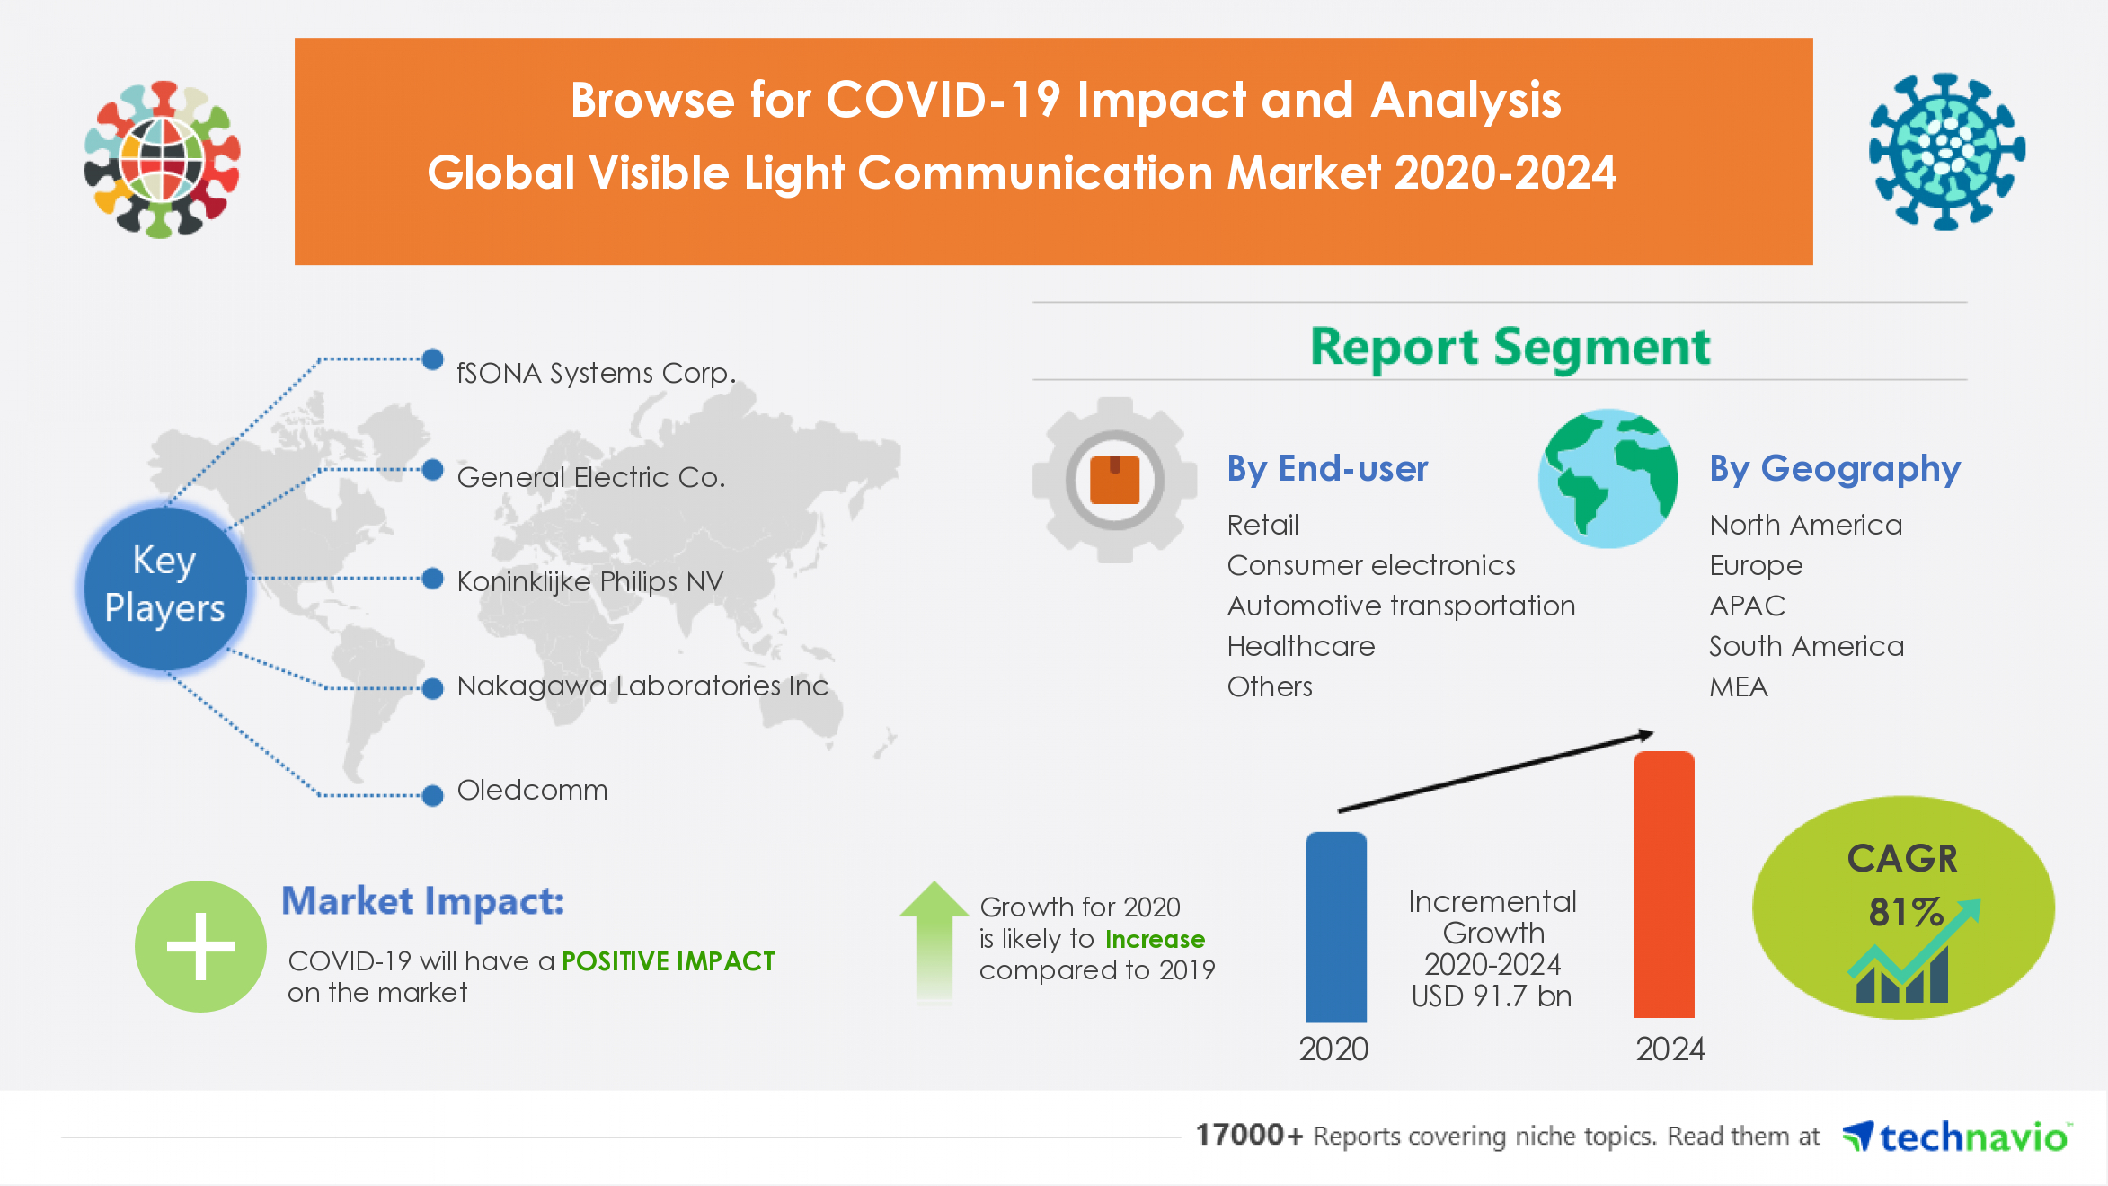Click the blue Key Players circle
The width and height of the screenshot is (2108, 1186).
(x=164, y=587)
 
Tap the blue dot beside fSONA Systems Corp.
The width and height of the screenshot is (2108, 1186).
(x=432, y=359)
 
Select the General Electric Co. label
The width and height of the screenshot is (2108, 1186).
(x=590, y=477)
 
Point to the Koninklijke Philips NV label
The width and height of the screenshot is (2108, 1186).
(x=589, y=581)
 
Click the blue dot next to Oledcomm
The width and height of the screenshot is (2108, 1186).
(x=432, y=795)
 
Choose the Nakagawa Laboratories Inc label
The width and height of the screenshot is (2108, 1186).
(x=642, y=686)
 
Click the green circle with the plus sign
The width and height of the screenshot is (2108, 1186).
(x=200, y=946)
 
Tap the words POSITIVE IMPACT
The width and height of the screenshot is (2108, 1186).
(x=668, y=961)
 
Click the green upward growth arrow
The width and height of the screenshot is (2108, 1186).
(x=934, y=939)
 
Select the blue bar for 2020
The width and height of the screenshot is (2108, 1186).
(x=1336, y=927)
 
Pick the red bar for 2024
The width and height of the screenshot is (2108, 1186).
(x=1663, y=885)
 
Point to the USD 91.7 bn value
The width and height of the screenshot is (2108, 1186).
(x=1492, y=996)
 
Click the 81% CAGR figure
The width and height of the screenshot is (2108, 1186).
(x=1904, y=912)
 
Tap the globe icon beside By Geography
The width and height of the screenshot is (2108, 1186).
(x=1608, y=479)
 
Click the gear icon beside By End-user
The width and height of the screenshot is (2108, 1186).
(x=1114, y=480)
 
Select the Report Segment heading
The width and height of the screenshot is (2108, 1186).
(x=1510, y=348)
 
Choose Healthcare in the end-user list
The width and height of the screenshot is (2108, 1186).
(x=1300, y=646)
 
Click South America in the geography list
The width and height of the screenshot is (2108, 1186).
(x=1806, y=646)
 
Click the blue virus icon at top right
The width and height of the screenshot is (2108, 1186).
(x=1946, y=151)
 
